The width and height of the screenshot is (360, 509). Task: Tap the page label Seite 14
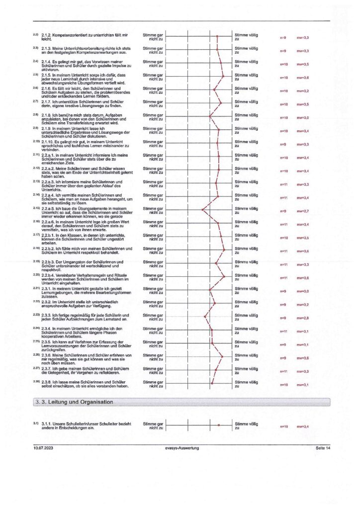tap(323, 448)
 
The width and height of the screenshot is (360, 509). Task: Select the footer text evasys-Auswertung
tap(182, 448)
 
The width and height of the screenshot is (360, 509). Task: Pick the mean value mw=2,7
tap(303, 211)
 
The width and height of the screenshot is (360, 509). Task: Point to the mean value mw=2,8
tap(303, 318)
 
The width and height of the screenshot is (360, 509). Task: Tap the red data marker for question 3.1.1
tap(218, 425)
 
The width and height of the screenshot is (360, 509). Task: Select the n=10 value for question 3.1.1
tap(284, 426)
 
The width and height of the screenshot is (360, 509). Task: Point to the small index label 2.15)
tap(36, 207)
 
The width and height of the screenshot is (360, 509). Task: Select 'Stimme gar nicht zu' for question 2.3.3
tap(153, 318)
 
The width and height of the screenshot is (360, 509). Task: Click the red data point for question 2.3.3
tap(205, 318)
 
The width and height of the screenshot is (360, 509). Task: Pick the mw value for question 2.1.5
tap(303, 78)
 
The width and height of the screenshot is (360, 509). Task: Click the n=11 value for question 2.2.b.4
tap(284, 278)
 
